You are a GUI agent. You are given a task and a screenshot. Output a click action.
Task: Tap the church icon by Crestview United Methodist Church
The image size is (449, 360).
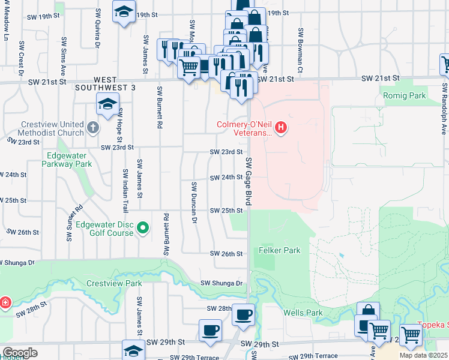pos(92,128)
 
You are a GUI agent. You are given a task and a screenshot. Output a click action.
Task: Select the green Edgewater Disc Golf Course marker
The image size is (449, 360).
pos(143,227)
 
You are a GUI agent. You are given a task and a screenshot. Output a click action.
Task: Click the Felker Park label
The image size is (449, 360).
pos(279,250)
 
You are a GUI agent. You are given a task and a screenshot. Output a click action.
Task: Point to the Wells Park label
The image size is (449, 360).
pos(303,313)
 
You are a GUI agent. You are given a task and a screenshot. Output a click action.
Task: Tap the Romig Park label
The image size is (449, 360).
pos(403,95)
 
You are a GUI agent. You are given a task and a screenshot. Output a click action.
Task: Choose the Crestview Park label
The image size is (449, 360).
pos(113,283)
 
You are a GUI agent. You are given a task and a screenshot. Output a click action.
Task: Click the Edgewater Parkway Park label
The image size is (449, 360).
pos(70,159)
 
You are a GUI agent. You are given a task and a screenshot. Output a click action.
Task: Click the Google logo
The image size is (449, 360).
pos(20,352)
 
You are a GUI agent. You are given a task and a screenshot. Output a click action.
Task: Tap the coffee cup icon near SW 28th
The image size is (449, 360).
pos(243,314)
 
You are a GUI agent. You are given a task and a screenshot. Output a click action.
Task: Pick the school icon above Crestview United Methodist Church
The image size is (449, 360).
pos(107,104)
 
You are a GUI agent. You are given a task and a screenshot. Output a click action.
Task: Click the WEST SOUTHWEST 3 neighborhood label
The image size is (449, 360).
pos(106,83)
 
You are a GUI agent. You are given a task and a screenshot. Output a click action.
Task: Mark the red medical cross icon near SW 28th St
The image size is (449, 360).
pos(4,302)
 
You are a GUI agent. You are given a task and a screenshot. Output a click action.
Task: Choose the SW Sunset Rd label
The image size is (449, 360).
pos(74,214)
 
